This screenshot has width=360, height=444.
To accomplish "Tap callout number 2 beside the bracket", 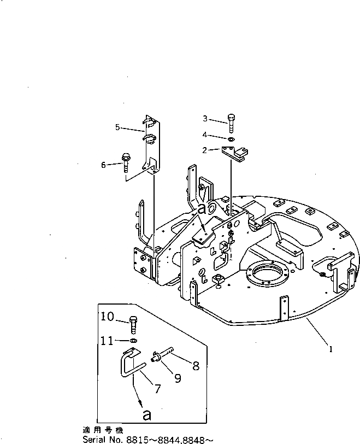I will point(204,150).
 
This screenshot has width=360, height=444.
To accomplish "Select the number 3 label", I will point(205,119).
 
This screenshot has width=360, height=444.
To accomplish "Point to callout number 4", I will point(205,135).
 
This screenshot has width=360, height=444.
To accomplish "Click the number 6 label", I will point(103,163).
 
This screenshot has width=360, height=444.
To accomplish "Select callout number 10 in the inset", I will point(107,317).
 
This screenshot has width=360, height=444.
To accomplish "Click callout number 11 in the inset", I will point(107,341).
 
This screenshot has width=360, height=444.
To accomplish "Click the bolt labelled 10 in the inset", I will point(133,324).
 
